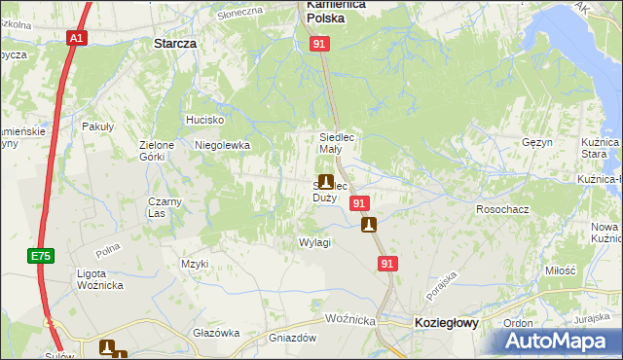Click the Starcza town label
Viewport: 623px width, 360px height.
coord(176,44)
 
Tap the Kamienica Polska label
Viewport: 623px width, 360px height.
coord(337,11)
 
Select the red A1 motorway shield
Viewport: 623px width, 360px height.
coord(76,38)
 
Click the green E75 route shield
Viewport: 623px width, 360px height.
coord(40,256)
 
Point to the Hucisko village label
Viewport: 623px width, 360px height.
coord(205,120)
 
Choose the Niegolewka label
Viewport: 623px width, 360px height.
coord(223,145)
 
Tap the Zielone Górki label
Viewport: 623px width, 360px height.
coord(157,151)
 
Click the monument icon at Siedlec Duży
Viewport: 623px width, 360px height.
coord(325,182)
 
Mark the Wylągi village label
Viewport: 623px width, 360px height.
coord(314,242)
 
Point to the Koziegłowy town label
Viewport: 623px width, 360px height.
coord(446,323)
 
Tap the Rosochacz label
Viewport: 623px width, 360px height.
coord(501,209)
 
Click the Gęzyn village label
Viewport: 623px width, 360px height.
coord(537,142)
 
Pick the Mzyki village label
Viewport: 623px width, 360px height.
coord(195,264)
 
